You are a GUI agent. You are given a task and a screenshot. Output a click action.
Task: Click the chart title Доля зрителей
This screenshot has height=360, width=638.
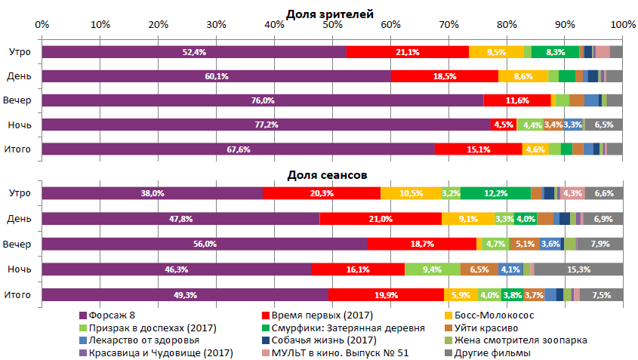[330, 14]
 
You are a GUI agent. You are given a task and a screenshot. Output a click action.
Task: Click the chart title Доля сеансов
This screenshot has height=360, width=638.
[327, 174]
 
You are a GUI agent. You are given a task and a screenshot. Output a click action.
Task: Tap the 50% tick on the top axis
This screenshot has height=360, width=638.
[332, 25]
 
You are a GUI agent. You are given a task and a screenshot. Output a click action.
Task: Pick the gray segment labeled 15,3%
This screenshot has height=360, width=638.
[578, 269]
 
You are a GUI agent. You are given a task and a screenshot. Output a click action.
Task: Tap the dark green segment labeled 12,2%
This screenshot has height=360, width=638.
[495, 193]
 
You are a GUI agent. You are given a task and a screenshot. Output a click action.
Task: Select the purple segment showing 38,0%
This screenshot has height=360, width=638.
[152, 193]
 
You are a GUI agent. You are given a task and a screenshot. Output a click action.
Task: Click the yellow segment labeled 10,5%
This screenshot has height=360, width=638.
[411, 193]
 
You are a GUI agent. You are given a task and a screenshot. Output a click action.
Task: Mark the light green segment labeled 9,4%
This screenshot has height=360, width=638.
[433, 269]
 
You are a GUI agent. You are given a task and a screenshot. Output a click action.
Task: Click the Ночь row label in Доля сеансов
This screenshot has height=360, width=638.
[20, 269]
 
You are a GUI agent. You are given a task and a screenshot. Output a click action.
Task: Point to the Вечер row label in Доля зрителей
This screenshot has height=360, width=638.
[18, 100]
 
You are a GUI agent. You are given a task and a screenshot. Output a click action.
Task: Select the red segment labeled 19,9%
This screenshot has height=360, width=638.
[386, 294]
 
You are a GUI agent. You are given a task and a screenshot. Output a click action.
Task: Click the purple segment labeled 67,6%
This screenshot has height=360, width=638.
[238, 149]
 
